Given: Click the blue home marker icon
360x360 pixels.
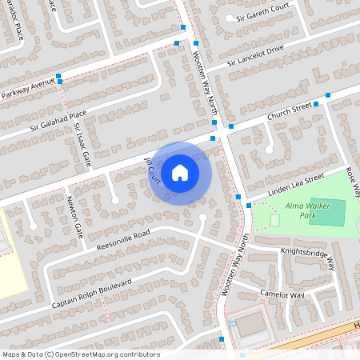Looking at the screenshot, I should coord(180,172).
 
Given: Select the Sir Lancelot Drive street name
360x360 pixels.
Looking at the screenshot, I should coord(255,55).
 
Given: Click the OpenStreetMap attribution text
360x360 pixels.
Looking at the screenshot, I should coord(81,354).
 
